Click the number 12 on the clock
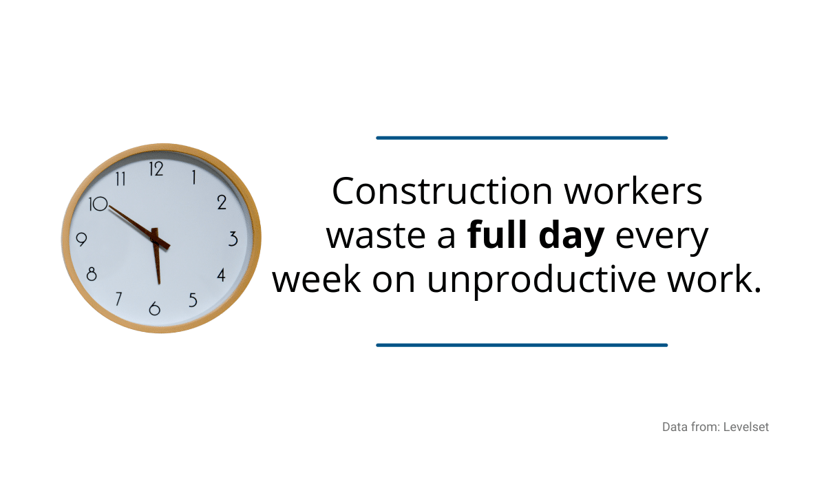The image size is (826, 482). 156,169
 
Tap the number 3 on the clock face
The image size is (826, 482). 233,239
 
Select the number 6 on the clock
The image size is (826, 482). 154,308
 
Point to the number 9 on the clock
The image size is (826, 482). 81,240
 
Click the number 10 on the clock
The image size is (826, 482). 98,204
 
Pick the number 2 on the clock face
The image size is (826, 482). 222,202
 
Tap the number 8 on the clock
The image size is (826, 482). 92,274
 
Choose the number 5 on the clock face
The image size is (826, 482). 193,300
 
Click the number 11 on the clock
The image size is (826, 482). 120,179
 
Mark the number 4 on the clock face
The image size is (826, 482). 221,275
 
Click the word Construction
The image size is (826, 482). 442,191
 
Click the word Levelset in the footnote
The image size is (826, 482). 746,427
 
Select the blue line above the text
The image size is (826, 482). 522,138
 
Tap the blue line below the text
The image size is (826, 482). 522,345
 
